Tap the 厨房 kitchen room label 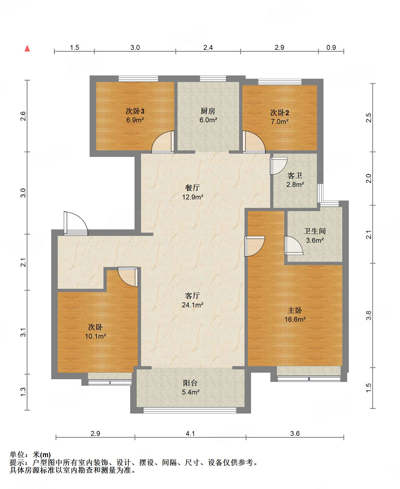point(208,111)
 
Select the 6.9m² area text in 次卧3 point(135,120)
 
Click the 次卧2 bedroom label point(280,113)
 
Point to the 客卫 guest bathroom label point(295,176)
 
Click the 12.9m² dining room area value point(193,197)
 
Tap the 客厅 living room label point(193,296)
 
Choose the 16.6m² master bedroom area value point(295,319)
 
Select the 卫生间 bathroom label point(315,231)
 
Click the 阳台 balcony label point(190,383)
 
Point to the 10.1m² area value point(95,336)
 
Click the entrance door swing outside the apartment point(76,223)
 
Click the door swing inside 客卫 point(278,166)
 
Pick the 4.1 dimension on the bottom point(190,433)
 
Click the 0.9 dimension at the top point(331,47)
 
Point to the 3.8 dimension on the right point(369,315)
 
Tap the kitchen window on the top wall point(213,79)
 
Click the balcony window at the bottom point(190,410)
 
